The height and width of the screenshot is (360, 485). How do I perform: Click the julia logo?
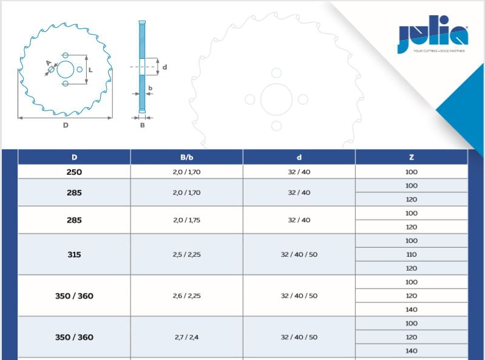(433, 35)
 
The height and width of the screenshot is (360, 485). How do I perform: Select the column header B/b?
(186, 157)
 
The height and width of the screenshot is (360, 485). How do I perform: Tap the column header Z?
(412, 157)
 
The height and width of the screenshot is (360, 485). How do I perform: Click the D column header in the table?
(74, 157)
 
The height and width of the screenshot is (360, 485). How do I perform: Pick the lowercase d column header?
(299, 157)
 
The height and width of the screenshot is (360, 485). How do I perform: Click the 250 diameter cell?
(74, 172)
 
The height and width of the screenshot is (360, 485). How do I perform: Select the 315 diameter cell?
(74, 254)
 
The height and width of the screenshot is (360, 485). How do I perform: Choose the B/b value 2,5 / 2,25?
(186, 254)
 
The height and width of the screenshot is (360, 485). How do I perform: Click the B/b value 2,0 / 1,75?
(186, 220)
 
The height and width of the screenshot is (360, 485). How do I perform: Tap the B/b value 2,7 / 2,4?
(186, 337)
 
